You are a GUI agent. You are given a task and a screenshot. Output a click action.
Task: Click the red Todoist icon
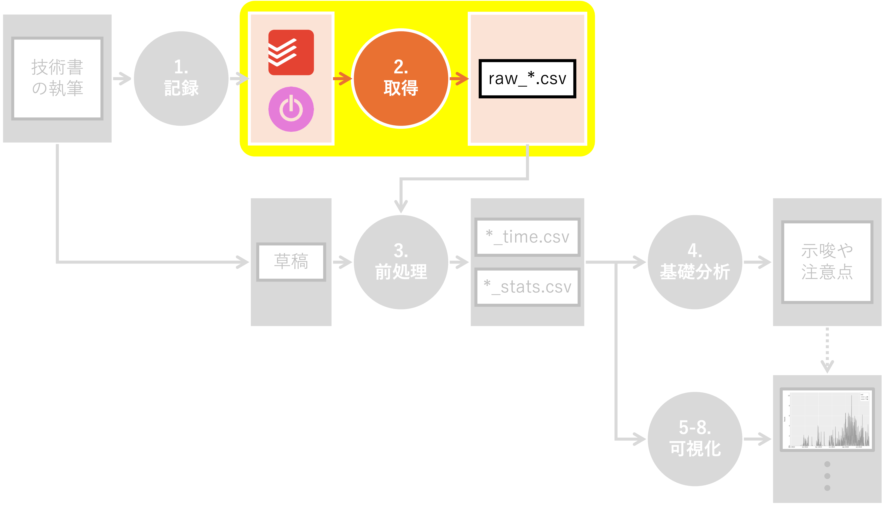point(291,53)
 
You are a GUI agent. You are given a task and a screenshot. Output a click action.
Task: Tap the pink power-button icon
point(291,109)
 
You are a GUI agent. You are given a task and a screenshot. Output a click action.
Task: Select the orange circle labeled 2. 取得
point(401,78)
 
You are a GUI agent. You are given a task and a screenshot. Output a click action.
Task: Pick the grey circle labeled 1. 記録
point(181,78)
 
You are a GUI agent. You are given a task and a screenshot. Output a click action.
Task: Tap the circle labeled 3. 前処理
point(401,262)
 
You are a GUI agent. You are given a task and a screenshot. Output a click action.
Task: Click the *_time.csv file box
point(527,237)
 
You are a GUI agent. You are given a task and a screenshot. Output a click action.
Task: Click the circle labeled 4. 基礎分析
point(695,262)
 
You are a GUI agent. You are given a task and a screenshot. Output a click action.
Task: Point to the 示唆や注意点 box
point(827,262)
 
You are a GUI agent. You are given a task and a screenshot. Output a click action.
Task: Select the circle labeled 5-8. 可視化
point(695,439)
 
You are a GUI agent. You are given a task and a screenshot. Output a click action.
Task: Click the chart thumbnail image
point(827,420)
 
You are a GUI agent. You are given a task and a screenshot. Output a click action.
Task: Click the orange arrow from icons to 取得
point(343,78)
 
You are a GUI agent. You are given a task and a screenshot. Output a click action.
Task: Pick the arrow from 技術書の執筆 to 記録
point(123,78)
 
